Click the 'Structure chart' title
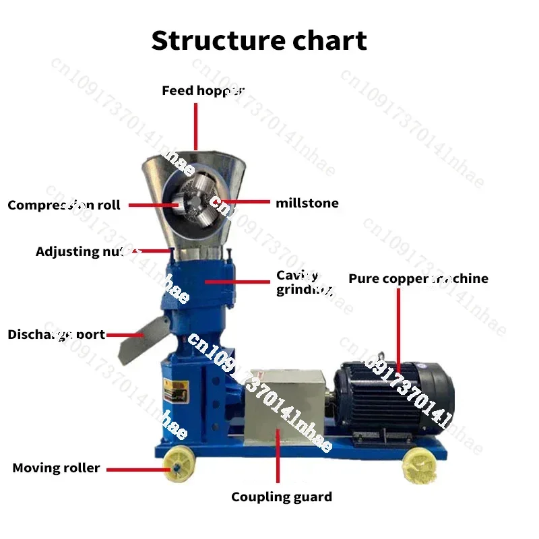(259, 40)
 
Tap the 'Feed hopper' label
(203, 90)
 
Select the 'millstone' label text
(307, 203)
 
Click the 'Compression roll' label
(64, 205)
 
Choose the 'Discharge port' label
(56, 334)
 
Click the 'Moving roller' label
(56, 468)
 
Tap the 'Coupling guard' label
(282, 497)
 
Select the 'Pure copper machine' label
(418, 278)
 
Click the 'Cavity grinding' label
(303, 283)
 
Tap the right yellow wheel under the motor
(417, 464)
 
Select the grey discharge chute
(138, 340)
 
